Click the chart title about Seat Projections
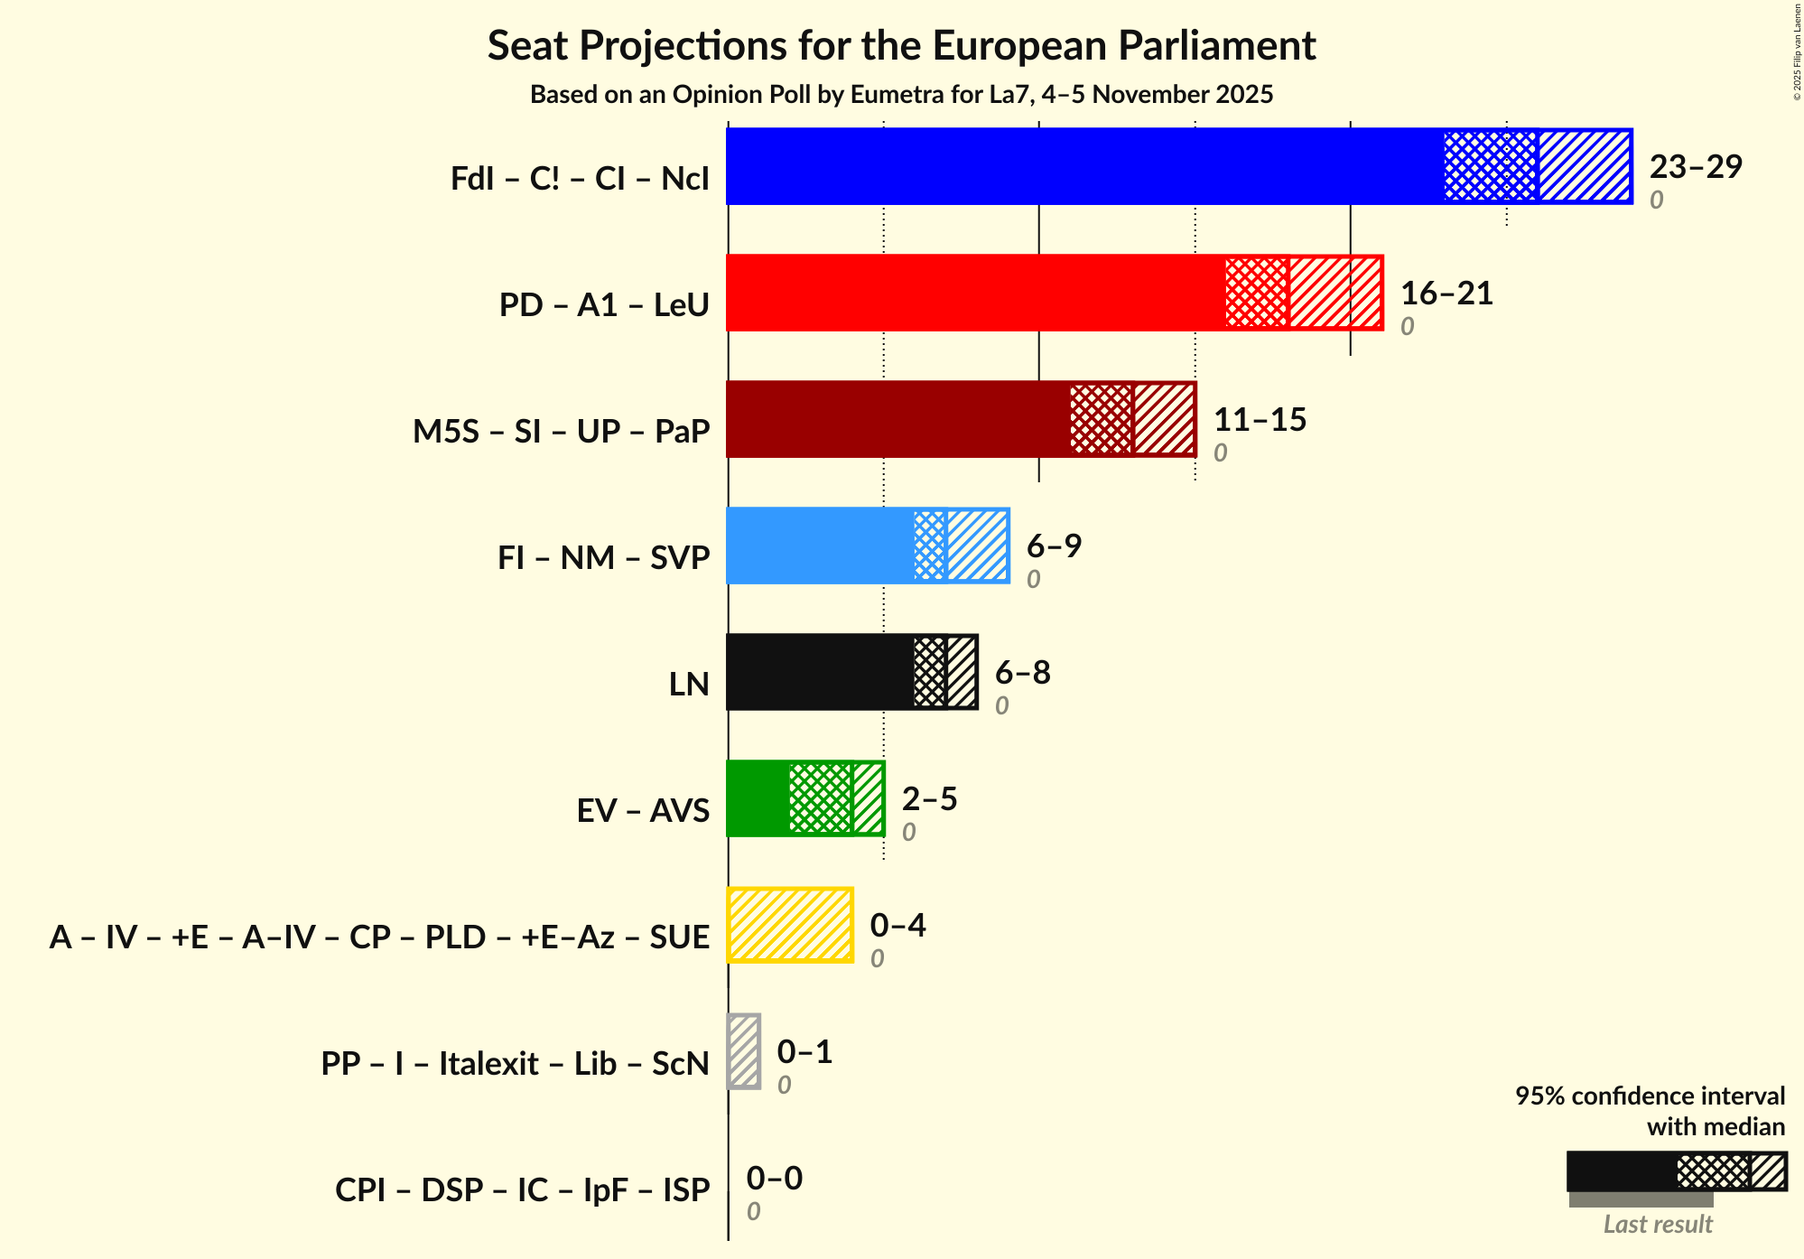(x=901, y=45)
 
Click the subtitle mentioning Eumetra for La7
(x=901, y=95)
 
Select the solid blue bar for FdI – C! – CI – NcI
(x=1083, y=166)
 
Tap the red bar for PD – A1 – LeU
(x=975, y=293)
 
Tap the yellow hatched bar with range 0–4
(x=790, y=925)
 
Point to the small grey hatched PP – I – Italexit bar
(x=744, y=1051)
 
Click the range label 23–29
(x=1695, y=167)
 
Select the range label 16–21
(x=1446, y=294)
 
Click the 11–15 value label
(x=1260, y=420)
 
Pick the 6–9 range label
(x=1054, y=546)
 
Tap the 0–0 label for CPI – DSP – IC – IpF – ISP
(x=774, y=1179)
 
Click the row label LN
(x=689, y=684)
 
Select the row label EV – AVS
(x=643, y=810)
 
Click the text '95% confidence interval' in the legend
(x=1649, y=1096)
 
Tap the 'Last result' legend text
(x=1657, y=1224)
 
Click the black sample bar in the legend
(x=1621, y=1171)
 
